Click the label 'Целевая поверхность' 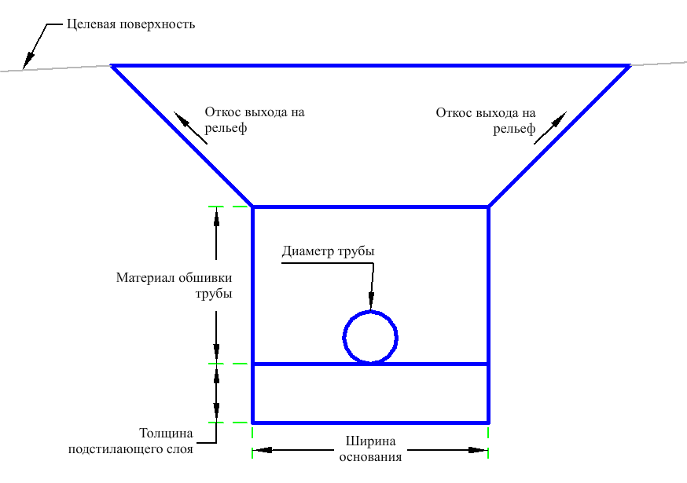click(x=130, y=24)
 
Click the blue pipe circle click(x=370, y=337)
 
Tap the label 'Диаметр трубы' click(x=328, y=252)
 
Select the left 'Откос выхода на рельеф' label click(x=254, y=120)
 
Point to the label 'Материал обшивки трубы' click(x=174, y=285)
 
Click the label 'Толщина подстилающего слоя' click(x=130, y=441)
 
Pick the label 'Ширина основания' click(x=370, y=448)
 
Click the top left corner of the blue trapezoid click(x=112, y=66)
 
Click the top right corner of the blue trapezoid click(x=630, y=66)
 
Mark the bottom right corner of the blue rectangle click(x=488, y=422)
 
